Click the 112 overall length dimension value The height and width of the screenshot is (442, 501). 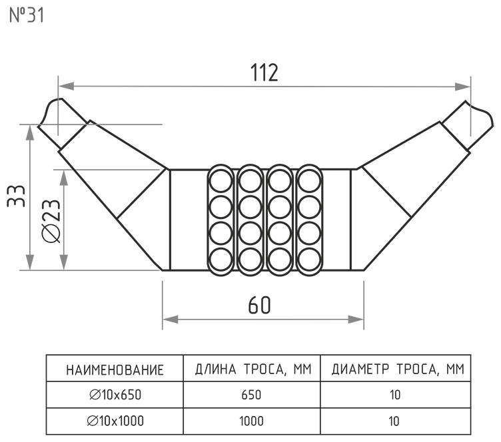tap(264, 73)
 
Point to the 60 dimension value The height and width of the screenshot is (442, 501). tap(259, 305)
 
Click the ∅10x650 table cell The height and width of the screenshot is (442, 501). tap(115, 395)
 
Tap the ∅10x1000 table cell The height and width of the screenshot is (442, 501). tap(115, 421)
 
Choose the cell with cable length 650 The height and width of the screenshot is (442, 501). tap(253, 395)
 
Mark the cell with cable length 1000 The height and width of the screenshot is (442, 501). tap(253, 421)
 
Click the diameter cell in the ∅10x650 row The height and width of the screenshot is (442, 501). tap(394, 395)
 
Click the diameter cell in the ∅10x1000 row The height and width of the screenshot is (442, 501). tap(394, 421)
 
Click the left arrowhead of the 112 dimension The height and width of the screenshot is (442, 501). tap(65, 86)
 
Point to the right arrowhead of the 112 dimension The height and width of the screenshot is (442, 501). tap(464, 86)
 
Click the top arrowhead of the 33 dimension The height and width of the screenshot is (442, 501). tap(29, 131)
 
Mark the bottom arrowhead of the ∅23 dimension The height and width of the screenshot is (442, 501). tap(64, 264)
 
